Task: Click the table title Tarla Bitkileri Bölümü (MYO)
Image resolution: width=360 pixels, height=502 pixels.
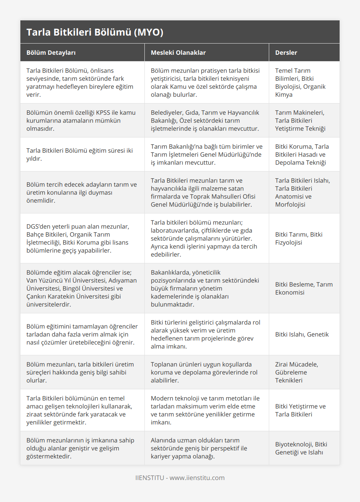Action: point(95,32)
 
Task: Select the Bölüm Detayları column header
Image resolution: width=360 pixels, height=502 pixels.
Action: point(51,52)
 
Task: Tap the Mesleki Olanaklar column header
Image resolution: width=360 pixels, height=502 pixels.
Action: point(178,52)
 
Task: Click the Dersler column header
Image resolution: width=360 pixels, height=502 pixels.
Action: point(286,52)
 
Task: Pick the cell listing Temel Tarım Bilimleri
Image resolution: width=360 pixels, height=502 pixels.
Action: point(300,82)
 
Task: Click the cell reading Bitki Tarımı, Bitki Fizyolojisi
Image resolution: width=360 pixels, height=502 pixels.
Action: point(299,238)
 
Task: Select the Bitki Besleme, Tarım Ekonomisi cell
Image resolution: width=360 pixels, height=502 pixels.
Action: point(304,288)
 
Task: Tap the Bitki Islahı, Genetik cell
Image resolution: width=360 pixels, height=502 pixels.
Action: point(302,334)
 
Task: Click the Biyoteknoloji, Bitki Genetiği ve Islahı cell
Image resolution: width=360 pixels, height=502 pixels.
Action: point(301,448)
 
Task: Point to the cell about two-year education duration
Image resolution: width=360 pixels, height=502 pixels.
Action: point(79,154)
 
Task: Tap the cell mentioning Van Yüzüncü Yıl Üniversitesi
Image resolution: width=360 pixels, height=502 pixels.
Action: point(82,288)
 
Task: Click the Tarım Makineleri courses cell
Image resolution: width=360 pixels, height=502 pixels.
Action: point(300,120)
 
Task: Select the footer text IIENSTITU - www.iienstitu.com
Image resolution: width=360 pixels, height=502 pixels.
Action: point(180,478)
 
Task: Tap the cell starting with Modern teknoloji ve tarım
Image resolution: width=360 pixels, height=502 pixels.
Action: point(205,410)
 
